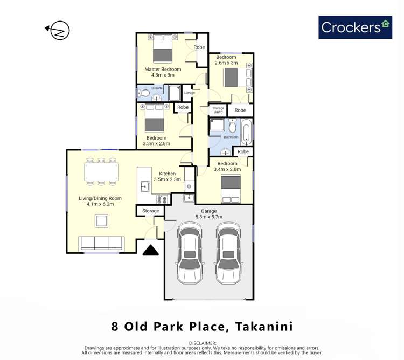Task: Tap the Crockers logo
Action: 355,26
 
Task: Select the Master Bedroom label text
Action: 163,72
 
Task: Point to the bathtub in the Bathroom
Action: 246,133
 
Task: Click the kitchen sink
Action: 145,186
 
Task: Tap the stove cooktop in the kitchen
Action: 162,199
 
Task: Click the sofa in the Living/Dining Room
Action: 101,243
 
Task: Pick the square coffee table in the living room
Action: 101,220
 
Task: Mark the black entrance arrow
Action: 150,251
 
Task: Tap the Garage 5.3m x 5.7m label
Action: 208,214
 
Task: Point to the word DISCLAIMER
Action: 203,343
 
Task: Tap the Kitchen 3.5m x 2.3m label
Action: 167,176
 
